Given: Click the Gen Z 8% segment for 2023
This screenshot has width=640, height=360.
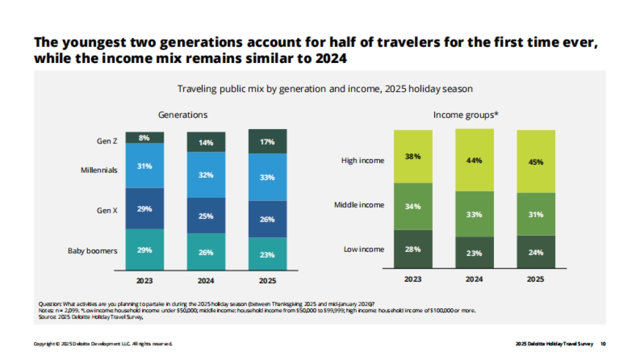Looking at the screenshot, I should (145, 138).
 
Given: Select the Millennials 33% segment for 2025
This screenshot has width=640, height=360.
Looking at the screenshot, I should (267, 177).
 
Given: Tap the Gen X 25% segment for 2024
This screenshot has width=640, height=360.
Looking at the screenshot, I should (206, 216).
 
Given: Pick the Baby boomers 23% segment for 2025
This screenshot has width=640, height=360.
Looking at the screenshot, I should (267, 254).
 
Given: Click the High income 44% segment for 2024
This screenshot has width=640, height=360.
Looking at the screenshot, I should (474, 160).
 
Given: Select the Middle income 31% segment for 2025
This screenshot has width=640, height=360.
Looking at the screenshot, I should (536, 214).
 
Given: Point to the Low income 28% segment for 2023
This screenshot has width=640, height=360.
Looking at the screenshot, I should (413, 249).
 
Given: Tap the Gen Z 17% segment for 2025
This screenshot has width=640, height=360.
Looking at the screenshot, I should (267, 142).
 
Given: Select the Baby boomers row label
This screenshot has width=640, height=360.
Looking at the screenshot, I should (92, 250).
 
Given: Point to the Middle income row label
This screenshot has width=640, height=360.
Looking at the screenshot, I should (359, 205).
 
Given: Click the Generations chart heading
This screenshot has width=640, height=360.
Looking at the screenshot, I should (183, 115).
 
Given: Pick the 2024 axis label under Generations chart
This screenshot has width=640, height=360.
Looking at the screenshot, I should (206, 279).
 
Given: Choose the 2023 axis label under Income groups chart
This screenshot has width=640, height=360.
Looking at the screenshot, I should (413, 279).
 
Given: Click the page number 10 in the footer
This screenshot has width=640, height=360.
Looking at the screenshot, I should (603, 344).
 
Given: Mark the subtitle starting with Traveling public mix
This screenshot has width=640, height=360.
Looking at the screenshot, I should (325, 89).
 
